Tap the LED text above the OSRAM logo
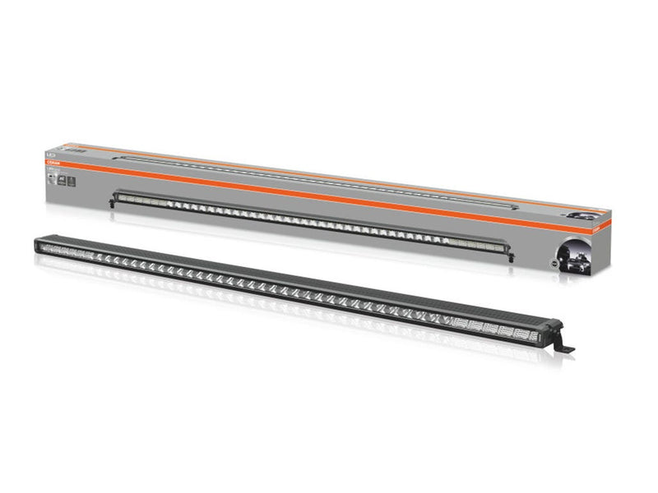point(50,154)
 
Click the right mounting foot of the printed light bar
point(512,256)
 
